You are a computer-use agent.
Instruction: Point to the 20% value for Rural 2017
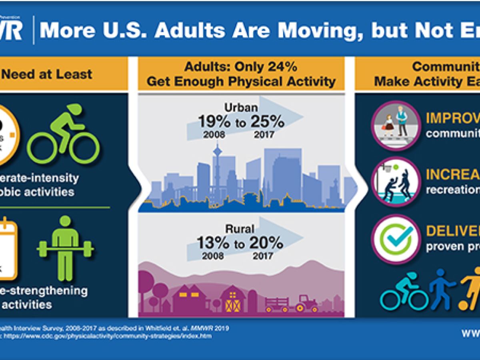coord(266,242)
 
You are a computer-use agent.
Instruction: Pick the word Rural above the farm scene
coord(239,229)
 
